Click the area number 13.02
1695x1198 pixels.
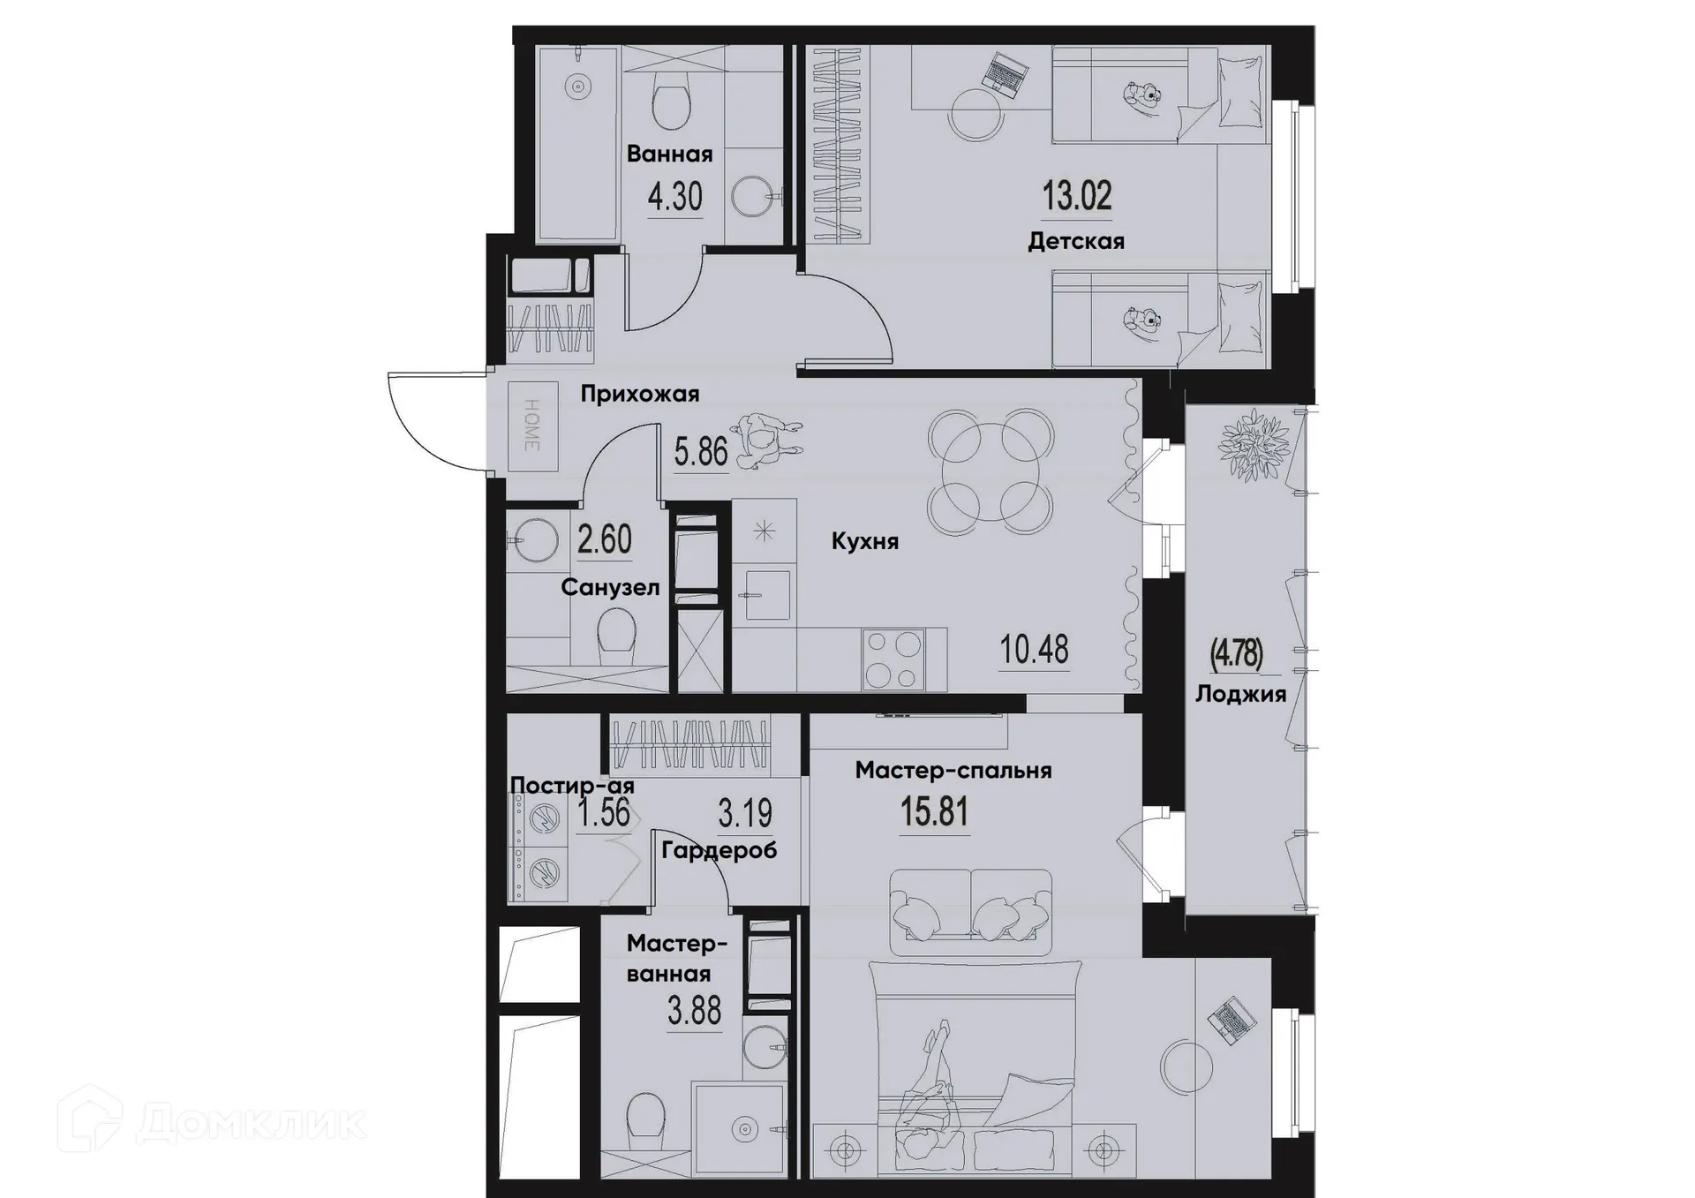pos(1076,195)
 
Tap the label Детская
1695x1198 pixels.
pos(1075,241)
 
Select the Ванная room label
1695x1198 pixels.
pos(669,154)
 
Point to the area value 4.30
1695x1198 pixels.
pos(674,197)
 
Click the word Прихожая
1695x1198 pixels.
pos(639,394)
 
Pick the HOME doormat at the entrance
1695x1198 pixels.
pos(532,426)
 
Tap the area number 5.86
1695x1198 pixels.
pos(701,453)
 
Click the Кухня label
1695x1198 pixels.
pos(864,541)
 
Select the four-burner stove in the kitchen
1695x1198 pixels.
pos(893,659)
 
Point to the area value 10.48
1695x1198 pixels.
pos(1034,650)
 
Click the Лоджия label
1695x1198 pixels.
pos(1240,694)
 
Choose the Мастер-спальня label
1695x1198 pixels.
pos(953,771)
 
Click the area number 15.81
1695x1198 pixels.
pos(934,811)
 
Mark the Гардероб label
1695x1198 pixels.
pos(719,850)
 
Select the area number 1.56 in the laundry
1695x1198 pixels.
pos(603,813)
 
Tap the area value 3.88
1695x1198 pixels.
pos(694,1010)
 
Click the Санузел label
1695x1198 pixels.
pos(610,587)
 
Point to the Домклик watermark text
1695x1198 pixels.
pos(251,1123)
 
